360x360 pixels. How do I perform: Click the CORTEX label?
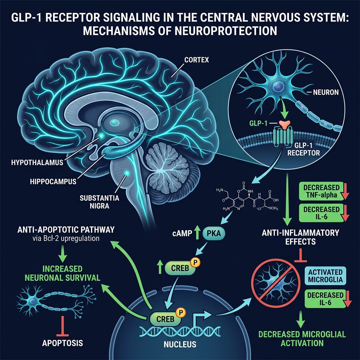(197, 60)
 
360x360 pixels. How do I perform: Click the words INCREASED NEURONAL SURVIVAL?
(63, 273)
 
